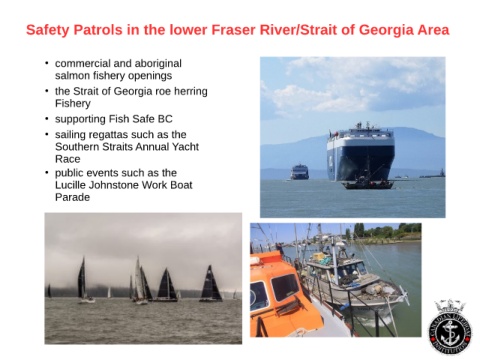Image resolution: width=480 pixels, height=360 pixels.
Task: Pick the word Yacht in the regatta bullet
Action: pos(185,147)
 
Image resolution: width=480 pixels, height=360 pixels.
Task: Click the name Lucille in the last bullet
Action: pos(69,185)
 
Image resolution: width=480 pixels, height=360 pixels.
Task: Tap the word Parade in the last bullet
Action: pos(72,197)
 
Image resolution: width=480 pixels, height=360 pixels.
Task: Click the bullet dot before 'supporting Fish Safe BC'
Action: pos(47,119)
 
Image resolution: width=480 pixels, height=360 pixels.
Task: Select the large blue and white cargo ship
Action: pos(361,152)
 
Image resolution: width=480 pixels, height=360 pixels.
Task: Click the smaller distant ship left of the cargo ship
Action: pos(300,172)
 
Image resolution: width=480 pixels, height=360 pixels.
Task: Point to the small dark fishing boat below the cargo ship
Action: pos(368,183)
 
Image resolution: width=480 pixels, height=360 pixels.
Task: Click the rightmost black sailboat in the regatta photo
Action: pos(210,284)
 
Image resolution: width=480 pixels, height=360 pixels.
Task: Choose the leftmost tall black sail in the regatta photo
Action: pos(82,278)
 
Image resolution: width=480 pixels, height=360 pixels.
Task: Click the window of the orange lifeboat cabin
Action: pos(285,287)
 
